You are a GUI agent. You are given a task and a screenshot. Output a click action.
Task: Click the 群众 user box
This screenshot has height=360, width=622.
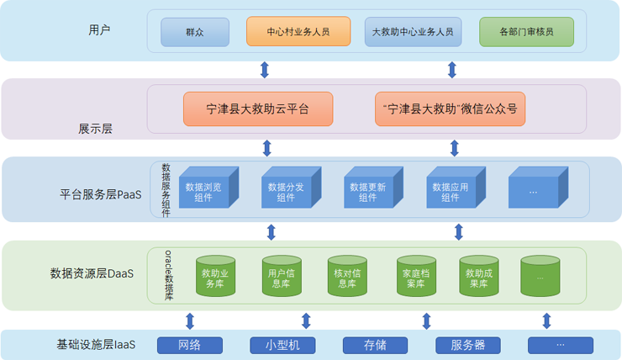coord(195,32)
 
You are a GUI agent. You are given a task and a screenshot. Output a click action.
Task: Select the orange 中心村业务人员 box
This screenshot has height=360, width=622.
coord(298,32)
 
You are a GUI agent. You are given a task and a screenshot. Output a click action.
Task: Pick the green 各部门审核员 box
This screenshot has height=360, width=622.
coord(526,32)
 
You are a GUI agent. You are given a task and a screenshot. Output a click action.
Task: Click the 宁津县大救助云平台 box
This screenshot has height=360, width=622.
coord(258,109)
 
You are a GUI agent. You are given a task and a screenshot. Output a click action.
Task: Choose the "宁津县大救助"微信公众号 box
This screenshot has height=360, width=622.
coord(451,109)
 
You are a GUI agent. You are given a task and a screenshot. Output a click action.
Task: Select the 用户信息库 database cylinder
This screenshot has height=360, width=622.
coord(282,278)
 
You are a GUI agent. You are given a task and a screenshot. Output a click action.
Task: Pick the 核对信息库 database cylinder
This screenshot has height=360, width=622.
coord(347,278)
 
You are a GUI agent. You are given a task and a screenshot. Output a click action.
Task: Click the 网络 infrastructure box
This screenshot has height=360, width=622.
coord(190,345)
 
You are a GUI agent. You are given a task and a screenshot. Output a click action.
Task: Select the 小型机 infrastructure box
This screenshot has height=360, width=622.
coord(282,345)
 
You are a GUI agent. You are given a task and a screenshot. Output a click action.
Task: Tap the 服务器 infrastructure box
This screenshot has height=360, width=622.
coord(468,345)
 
